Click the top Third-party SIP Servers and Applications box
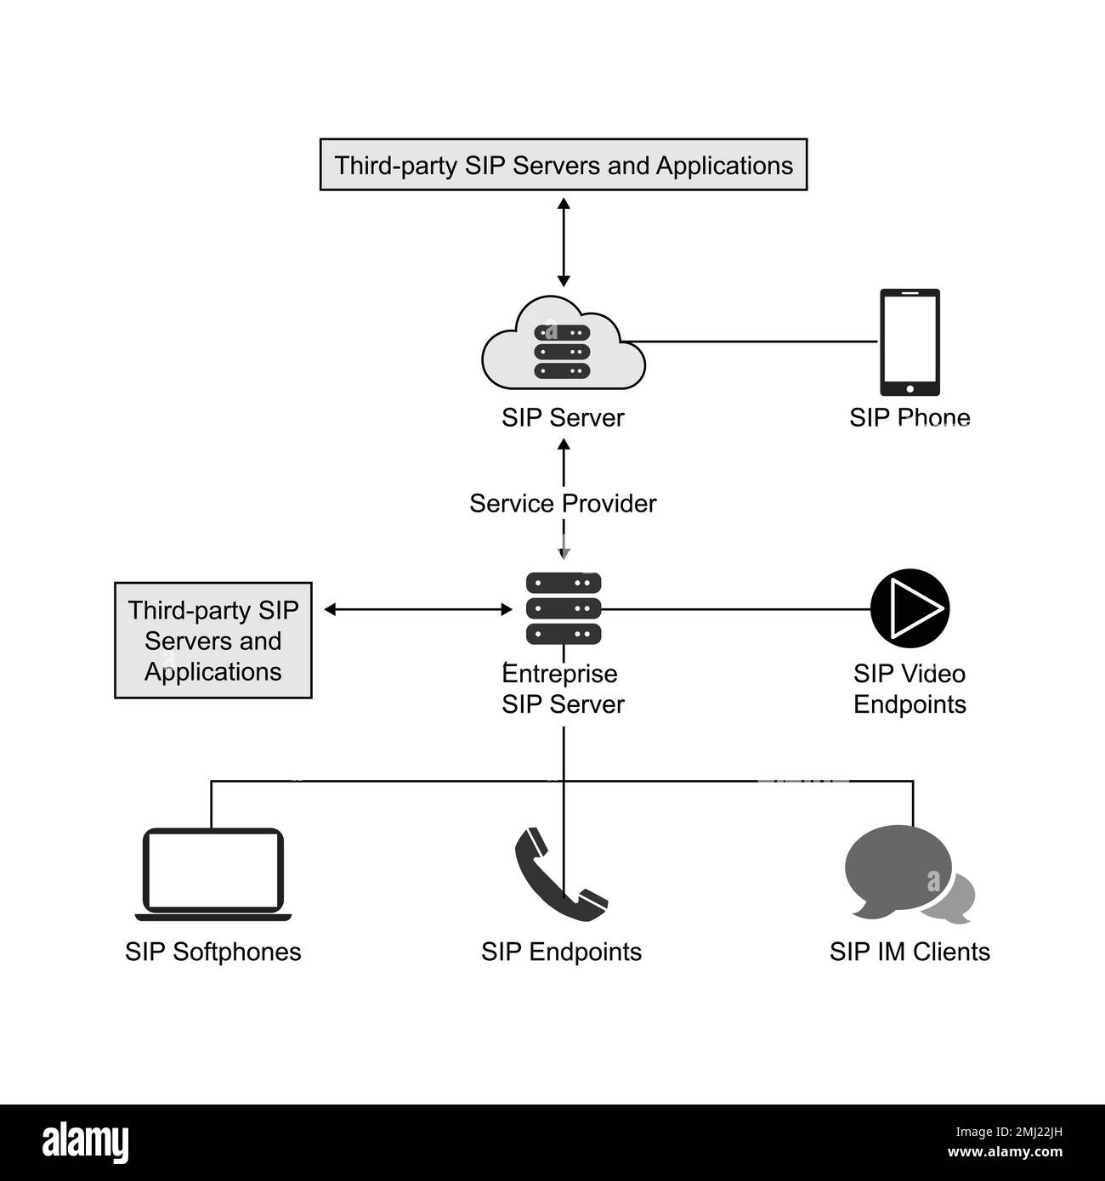[x=563, y=165]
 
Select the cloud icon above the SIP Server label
[x=563, y=343]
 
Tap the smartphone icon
[x=909, y=342]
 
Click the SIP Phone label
[x=909, y=417]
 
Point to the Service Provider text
[x=563, y=503]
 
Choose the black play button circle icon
[x=909, y=608]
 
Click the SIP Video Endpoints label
[x=909, y=689]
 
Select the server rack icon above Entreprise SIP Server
[x=563, y=608]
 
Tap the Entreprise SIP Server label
[x=563, y=689]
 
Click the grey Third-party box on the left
[x=212, y=641]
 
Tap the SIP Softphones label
[x=212, y=951]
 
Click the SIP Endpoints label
[x=561, y=951]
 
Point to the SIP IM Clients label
[x=909, y=951]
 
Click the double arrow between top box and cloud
[x=563, y=242]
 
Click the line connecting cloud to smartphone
[x=756, y=342]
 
